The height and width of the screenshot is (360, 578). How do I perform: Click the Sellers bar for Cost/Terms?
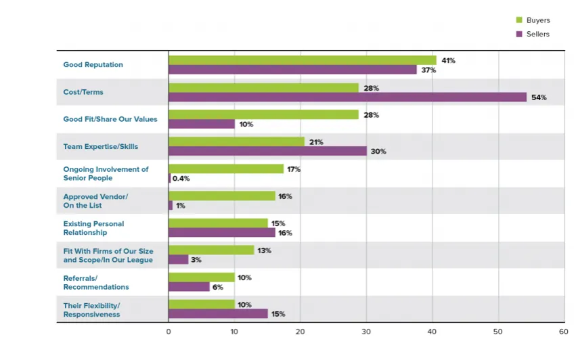(347, 97)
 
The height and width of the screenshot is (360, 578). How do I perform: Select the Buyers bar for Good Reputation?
(303, 60)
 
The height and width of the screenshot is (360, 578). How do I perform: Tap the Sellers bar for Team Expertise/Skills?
(267, 151)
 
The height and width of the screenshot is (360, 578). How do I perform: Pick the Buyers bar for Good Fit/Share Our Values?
(263, 114)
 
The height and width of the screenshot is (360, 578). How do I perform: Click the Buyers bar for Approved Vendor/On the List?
(222, 196)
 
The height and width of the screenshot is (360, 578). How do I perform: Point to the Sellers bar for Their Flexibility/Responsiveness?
(218, 313)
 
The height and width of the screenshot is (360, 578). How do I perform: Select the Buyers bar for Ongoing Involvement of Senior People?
(226, 168)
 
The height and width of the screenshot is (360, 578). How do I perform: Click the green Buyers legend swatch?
(519, 20)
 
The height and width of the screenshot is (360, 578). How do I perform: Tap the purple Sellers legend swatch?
(519, 34)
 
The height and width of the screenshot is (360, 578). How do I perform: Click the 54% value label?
(539, 97)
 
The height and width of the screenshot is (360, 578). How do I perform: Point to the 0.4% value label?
(180, 179)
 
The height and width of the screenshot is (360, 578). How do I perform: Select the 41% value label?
(448, 60)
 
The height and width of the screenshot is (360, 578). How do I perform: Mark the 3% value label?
(196, 260)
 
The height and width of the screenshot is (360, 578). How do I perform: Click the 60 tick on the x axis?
(563, 332)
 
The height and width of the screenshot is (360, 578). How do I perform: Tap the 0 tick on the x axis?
(169, 332)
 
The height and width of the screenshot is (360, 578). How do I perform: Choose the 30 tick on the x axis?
(366, 332)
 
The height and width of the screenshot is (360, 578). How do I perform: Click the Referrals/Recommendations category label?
(95, 282)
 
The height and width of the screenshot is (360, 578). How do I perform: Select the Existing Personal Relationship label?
(93, 228)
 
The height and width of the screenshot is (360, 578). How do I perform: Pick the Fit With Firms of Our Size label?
(108, 255)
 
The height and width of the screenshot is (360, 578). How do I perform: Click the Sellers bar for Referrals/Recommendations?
(189, 286)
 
